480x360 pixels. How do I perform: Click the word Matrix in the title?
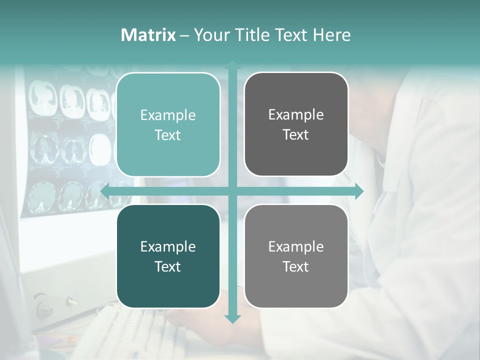tap(148, 35)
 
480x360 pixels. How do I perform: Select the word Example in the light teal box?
tap(168, 115)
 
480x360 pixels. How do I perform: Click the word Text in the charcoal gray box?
tap(296, 135)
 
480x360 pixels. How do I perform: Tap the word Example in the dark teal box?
tap(168, 246)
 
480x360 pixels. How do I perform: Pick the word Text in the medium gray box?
tap(296, 266)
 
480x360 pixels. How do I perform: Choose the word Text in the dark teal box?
tap(168, 266)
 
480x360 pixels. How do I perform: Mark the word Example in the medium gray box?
tap(296, 246)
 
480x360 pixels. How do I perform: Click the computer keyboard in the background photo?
tap(135, 330)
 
